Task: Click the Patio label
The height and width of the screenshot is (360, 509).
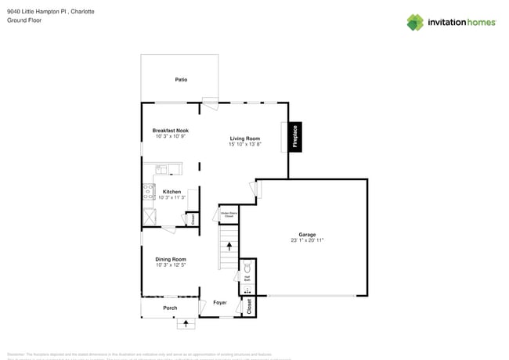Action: pyautogui.click(x=181, y=80)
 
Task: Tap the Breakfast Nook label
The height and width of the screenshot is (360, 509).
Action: pyautogui.click(x=170, y=131)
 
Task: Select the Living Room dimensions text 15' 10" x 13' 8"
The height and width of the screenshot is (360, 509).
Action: pyautogui.click(x=244, y=144)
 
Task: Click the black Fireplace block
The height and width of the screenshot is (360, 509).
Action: pyautogui.click(x=294, y=137)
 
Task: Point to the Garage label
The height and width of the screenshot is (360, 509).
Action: pyautogui.click(x=307, y=235)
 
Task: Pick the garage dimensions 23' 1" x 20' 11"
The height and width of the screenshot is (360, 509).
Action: pyautogui.click(x=307, y=240)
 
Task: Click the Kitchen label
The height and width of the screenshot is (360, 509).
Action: pyautogui.click(x=171, y=192)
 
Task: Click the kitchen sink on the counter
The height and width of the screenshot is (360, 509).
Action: pyautogui.click(x=163, y=168)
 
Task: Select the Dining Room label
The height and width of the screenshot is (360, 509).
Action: pyautogui.click(x=170, y=259)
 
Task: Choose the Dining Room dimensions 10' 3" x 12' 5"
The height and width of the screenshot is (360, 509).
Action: pyautogui.click(x=170, y=265)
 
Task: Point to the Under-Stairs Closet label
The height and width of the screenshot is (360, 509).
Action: pyautogui.click(x=229, y=214)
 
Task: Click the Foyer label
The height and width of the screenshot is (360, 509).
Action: pyautogui.click(x=220, y=302)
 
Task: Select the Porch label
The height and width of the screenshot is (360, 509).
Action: pyautogui.click(x=170, y=308)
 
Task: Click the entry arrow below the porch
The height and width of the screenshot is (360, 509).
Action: pyautogui.click(x=186, y=322)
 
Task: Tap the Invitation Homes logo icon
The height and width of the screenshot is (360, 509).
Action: pyautogui.click(x=415, y=22)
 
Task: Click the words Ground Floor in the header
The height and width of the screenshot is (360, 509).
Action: pyautogui.click(x=24, y=20)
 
